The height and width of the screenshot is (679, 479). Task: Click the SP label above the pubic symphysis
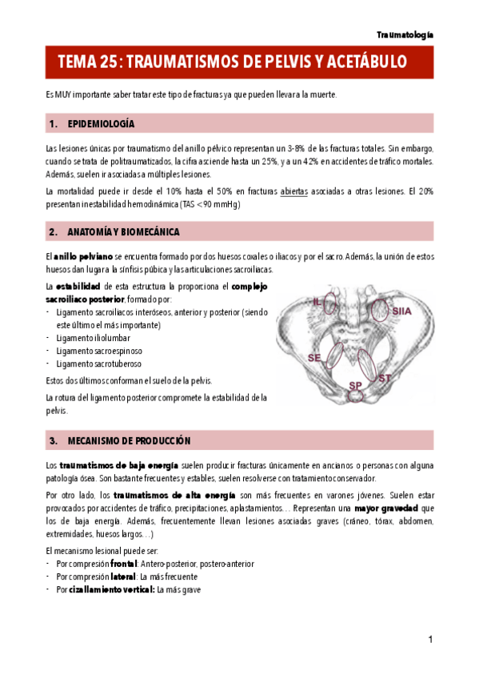pyautogui.click(x=354, y=386)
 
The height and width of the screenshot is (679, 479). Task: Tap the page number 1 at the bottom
pyautogui.click(x=430, y=639)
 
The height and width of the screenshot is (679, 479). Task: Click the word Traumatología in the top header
pyautogui.click(x=405, y=35)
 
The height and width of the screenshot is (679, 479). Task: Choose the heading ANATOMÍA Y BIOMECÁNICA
pyautogui.click(x=124, y=232)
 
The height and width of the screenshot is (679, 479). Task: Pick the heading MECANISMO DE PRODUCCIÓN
pyautogui.click(x=130, y=441)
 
